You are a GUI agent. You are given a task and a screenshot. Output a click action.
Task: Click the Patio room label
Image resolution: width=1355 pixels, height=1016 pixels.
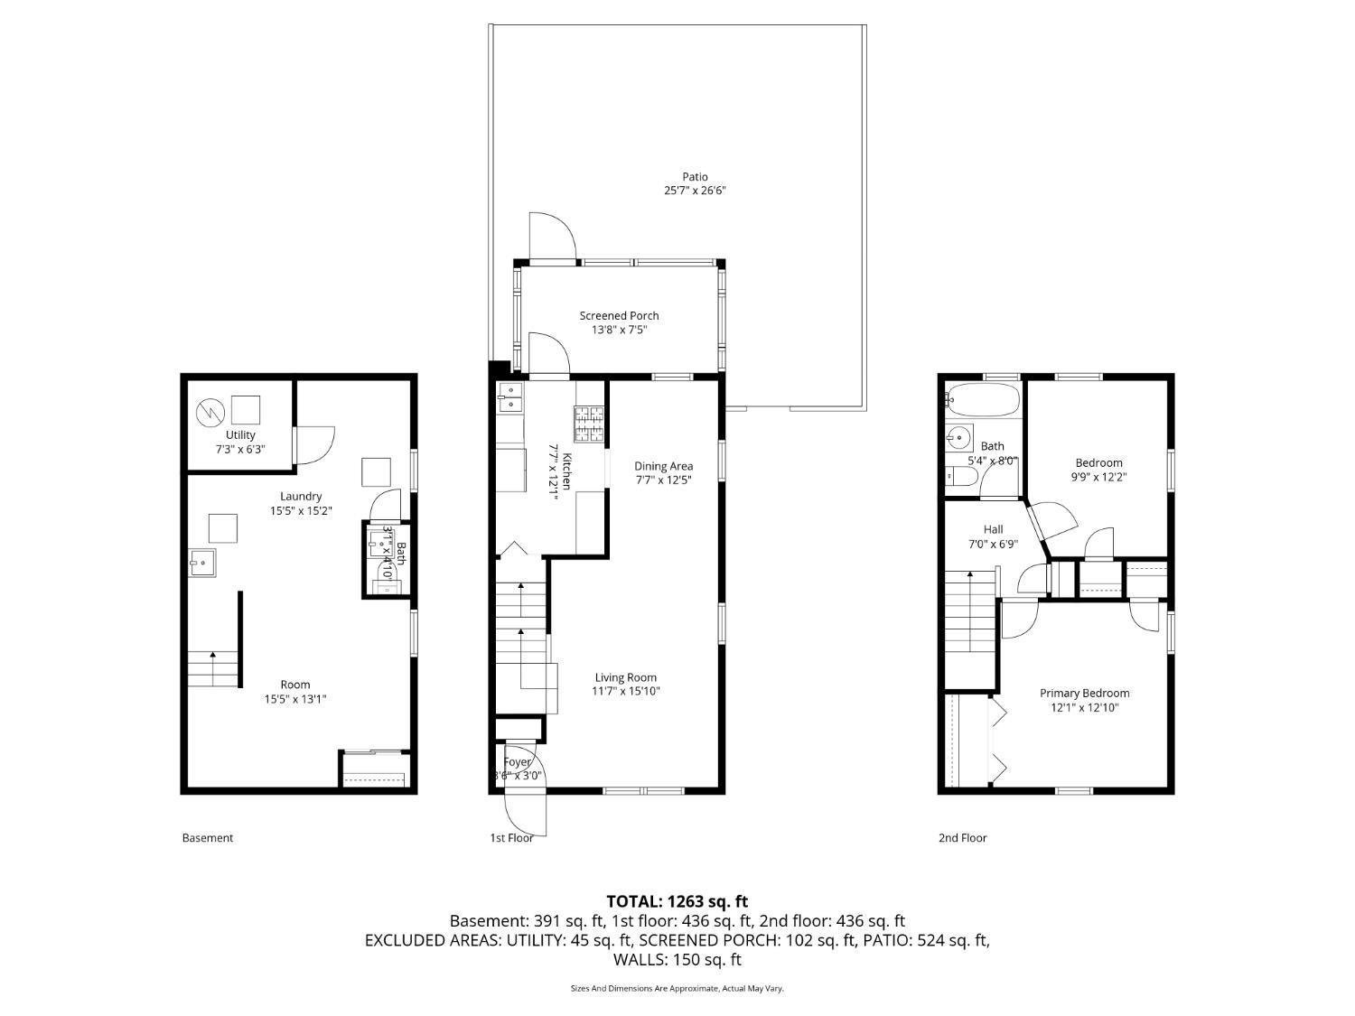[695, 177]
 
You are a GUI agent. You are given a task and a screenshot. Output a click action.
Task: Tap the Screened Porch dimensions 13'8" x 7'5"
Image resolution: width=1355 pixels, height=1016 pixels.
[619, 330]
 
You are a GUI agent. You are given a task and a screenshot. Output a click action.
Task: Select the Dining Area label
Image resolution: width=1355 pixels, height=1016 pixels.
[663, 466]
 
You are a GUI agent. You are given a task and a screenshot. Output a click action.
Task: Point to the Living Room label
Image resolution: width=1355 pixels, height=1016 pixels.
[625, 677]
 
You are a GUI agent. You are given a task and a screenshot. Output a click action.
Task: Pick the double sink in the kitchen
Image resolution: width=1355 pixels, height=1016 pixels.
[510, 396]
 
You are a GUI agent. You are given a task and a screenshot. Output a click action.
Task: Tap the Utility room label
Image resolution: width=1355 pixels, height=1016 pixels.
[240, 434]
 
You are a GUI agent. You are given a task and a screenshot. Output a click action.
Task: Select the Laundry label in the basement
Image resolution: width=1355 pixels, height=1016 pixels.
[301, 496]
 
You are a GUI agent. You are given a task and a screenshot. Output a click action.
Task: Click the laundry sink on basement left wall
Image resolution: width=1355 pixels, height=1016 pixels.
[202, 562]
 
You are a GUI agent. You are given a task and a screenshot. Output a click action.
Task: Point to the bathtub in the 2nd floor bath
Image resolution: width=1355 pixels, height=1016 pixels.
[983, 399]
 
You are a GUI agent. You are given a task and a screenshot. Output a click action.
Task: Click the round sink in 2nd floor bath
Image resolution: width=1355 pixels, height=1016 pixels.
[958, 439]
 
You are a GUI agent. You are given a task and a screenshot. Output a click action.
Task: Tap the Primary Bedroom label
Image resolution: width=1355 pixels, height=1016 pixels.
[1084, 693]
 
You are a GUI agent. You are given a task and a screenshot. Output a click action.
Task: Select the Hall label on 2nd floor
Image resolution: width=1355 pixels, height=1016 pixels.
[993, 529]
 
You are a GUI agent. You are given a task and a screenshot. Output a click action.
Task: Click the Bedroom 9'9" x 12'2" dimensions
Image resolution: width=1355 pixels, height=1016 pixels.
[1098, 477]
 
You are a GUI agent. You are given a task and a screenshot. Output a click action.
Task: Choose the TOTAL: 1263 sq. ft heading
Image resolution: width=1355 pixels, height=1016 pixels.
[677, 900]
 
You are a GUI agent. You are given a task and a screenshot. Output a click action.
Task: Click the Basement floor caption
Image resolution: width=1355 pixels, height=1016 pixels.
[208, 837]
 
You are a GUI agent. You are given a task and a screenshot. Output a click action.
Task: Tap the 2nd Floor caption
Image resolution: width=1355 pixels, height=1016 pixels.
[962, 837]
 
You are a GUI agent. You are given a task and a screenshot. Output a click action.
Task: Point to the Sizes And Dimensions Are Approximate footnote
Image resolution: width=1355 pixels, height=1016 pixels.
[677, 988]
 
